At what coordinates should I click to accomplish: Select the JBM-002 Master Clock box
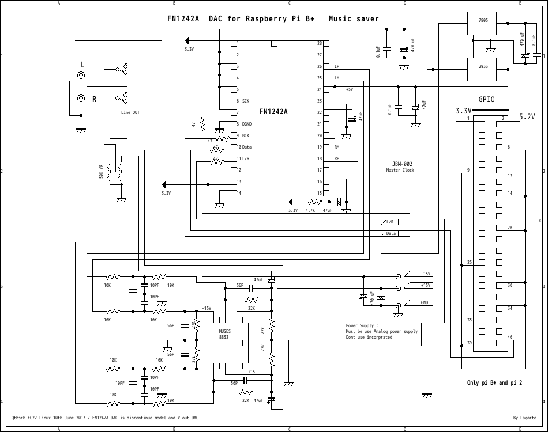tap(404, 165)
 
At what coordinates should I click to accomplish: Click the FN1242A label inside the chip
tap(273, 112)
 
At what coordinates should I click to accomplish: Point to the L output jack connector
tap(82, 75)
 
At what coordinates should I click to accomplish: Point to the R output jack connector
tap(82, 98)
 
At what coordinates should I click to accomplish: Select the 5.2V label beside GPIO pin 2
tap(527, 116)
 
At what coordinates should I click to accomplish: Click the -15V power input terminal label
tap(425, 274)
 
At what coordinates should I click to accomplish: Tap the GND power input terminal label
tap(425, 302)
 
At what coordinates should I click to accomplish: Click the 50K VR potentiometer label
tap(102, 171)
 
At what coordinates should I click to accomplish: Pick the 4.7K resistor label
tap(310, 210)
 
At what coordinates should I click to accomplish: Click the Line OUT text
tap(130, 113)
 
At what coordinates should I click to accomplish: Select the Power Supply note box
tap(378, 334)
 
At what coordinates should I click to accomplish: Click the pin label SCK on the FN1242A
tap(245, 101)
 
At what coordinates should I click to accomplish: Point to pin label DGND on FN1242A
tap(246, 124)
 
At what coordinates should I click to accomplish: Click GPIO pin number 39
tap(469, 343)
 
